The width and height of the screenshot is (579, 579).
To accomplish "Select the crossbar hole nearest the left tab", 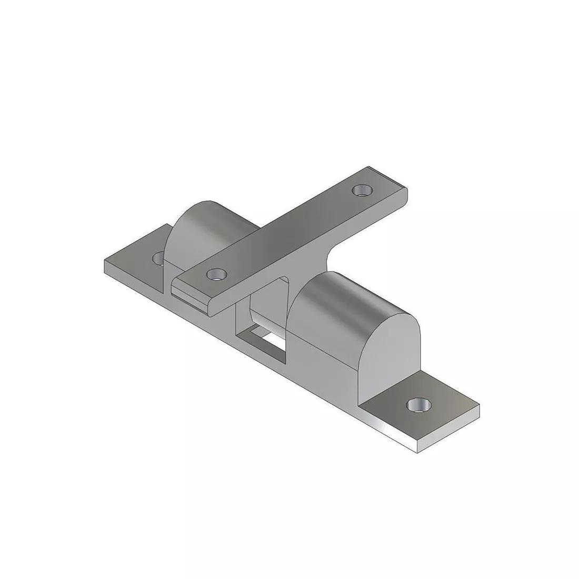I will tap(216, 274).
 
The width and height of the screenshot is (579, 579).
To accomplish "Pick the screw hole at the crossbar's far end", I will tap(361, 190).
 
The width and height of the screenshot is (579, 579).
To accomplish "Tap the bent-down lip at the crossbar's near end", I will tap(189, 295).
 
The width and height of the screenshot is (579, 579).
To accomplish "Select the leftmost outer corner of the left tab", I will tap(105, 262).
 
